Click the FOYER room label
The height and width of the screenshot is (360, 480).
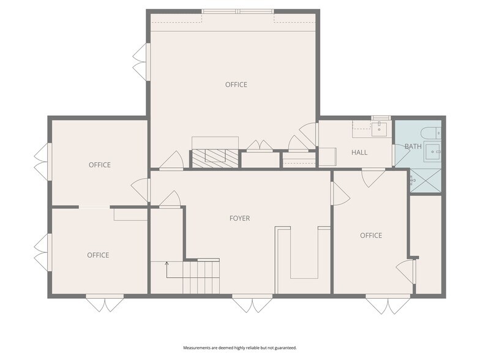click(240, 218)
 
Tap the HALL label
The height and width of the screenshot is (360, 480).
click(359, 152)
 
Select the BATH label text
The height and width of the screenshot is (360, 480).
click(413, 146)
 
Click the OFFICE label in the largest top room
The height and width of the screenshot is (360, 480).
click(236, 84)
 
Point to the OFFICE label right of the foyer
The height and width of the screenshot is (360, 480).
click(371, 235)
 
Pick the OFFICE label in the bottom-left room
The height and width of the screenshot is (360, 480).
click(98, 255)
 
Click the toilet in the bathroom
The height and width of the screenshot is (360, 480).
click(431, 133)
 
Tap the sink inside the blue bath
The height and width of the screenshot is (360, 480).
click(432, 152)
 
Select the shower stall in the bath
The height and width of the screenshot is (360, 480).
click(426, 181)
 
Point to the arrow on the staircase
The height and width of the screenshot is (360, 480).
click(167, 270)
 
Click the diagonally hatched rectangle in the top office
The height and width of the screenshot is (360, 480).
click(215, 158)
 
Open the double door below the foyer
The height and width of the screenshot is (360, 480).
click(252, 304)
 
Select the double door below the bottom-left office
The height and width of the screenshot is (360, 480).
click(105, 303)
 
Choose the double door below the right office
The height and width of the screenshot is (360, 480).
click(388, 304)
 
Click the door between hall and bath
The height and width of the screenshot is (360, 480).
click(401, 156)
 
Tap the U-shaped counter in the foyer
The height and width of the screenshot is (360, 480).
click(304, 253)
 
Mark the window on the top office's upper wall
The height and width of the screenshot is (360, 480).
click(238, 12)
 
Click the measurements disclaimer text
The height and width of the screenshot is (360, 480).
click(240, 348)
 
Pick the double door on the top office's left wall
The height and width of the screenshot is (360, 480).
click(141, 62)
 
